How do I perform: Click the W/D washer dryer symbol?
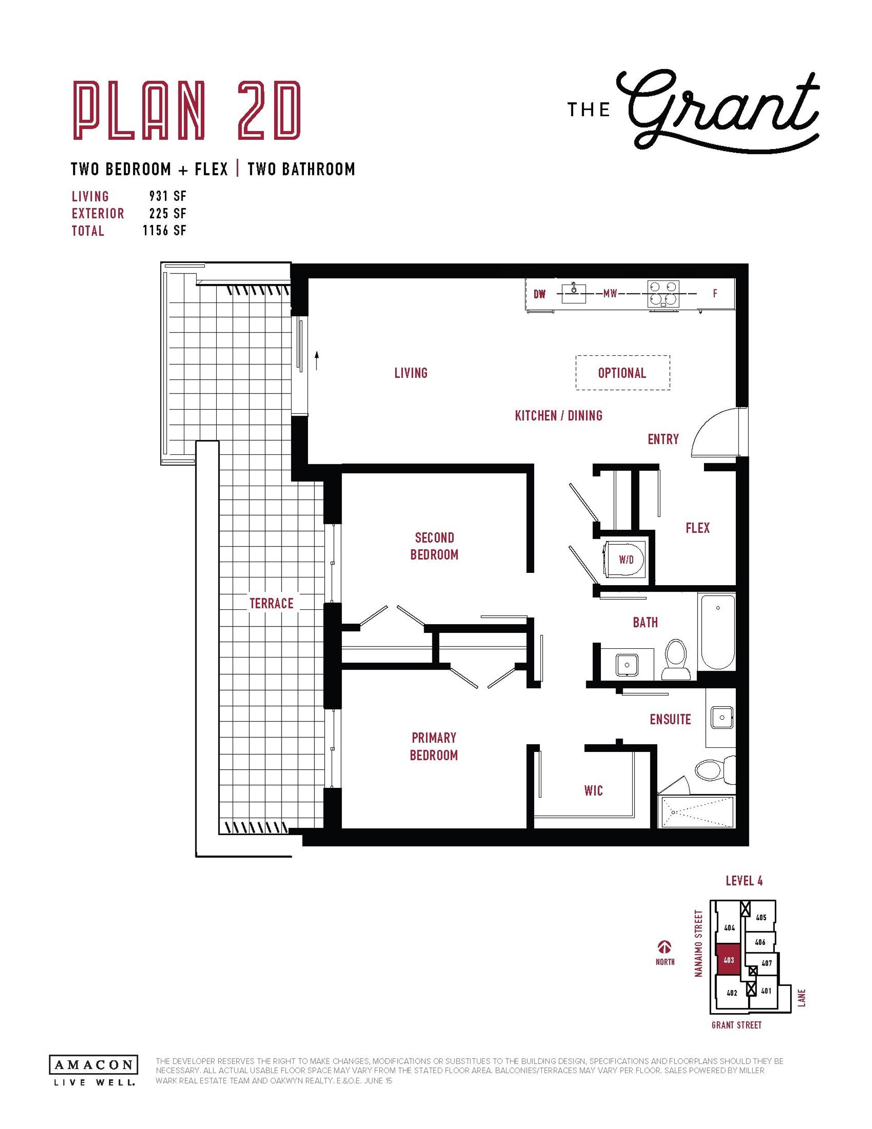pyautogui.click(x=625, y=559)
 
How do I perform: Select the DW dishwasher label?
pyautogui.click(x=540, y=294)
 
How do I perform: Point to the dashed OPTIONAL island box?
pyautogui.click(x=623, y=373)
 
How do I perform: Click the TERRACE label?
pyautogui.click(x=272, y=603)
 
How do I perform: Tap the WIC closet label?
pyautogui.click(x=594, y=791)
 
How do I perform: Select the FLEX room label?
pyautogui.click(x=697, y=528)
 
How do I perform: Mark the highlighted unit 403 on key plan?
pyautogui.click(x=728, y=960)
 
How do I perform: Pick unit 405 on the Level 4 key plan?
pyautogui.click(x=761, y=918)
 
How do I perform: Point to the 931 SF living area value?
pyautogui.click(x=168, y=196)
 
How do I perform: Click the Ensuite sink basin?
pyautogui.click(x=722, y=717)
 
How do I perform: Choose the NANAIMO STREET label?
pyautogui.click(x=699, y=944)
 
